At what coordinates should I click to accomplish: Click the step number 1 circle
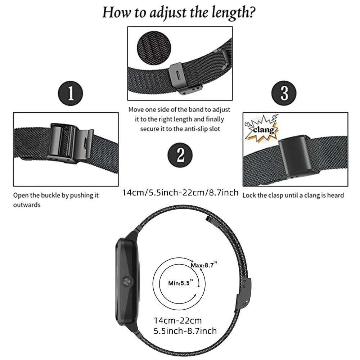click(x=71, y=93)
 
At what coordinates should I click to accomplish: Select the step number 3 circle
click(x=284, y=93)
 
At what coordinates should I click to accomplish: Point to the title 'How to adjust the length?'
click(x=179, y=13)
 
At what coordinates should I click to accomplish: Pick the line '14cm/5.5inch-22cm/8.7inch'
click(x=180, y=193)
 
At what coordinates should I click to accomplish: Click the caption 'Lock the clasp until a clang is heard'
click(x=293, y=195)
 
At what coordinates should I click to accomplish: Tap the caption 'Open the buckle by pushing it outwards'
click(x=56, y=200)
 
